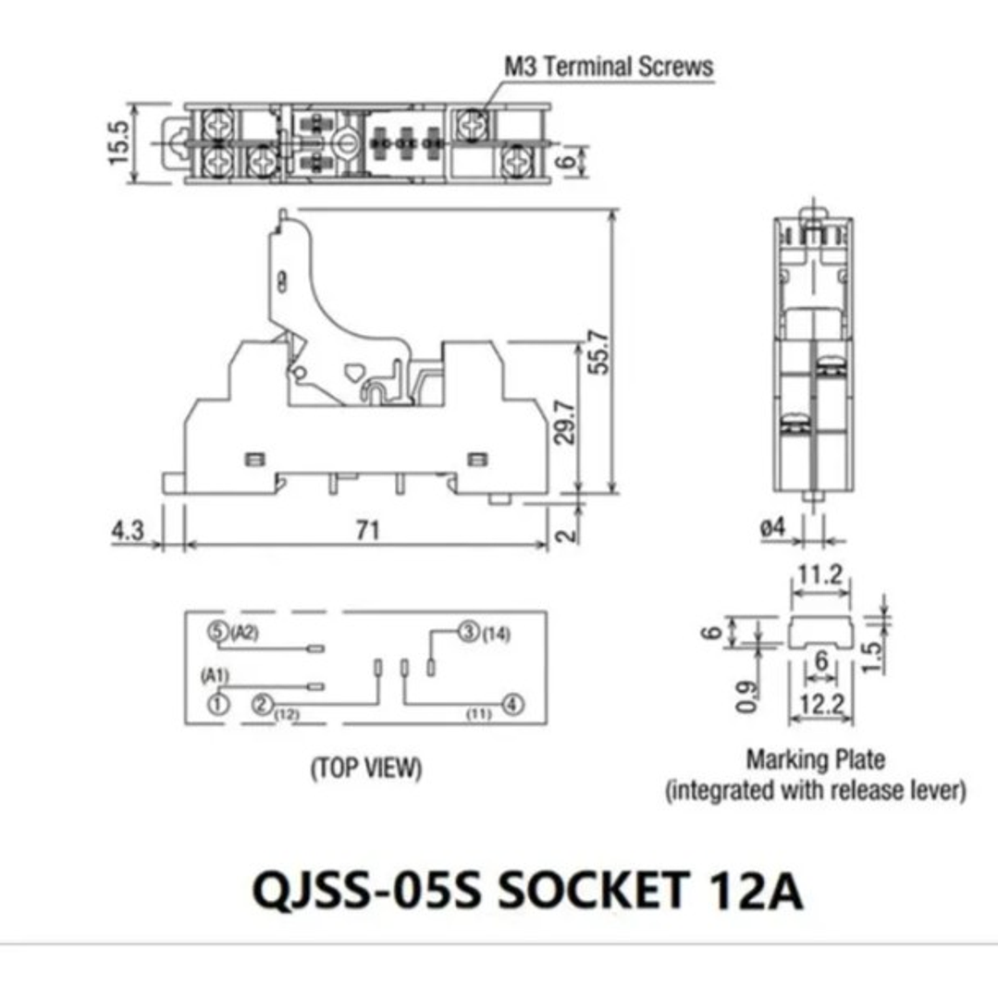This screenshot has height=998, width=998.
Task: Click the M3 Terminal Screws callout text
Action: pyautogui.click(x=609, y=67)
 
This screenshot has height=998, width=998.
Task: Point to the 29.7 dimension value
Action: pyautogui.click(x=565, y=422)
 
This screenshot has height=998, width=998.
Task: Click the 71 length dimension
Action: pyautogui.click(x=368, y=530)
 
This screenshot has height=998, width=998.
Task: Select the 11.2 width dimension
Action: pyautogui.click(x=819, y=575)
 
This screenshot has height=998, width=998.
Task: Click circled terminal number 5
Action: pyautogui.click(x=217, y=633)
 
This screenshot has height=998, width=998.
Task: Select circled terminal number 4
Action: pyautogui.click(x=511, y=705)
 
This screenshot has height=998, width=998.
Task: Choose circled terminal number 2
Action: pyautogui.click(x=263, y=705)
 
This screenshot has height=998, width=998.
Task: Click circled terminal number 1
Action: pyautogui.click(x=217, y=704)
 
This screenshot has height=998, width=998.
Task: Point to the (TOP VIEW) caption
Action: pyautogui.click(x=365, y=768)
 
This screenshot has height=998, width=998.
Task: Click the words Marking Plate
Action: pyautogui.click(x=816, y=760)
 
